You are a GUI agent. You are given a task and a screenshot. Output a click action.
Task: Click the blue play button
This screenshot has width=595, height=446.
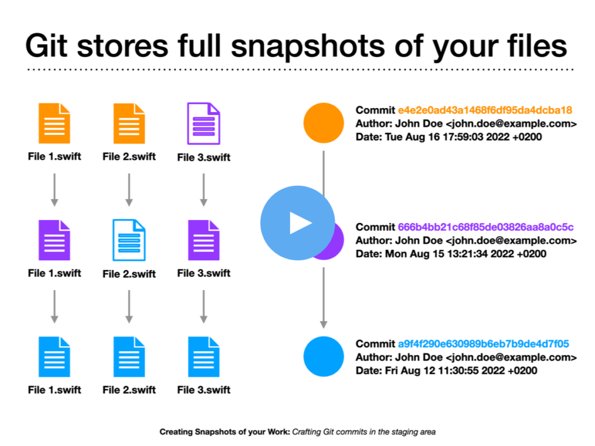pyautogui.click(x=297, y=223)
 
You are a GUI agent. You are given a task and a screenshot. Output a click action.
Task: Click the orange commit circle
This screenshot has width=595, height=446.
pyautogui.click(x=324, y=123)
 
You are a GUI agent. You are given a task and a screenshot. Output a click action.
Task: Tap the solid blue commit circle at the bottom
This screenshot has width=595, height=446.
pyautogui.click(x=324, y=357)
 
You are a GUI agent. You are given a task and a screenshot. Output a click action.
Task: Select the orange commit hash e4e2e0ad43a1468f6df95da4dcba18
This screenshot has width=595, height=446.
pyautogui.click(x=485, y=110)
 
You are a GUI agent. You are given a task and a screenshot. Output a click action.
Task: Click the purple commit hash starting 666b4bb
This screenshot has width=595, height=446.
pyautogui.click(x=486, y=227)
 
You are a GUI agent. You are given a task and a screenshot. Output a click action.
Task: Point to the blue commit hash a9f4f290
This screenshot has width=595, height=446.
pyautogui.click(x=483, y=344)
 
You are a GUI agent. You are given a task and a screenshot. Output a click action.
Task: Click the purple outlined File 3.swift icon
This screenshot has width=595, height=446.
pyautogui.click(x=204, y=123)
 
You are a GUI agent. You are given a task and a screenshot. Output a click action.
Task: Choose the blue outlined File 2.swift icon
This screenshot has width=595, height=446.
pyautogui.click(x=129, y=240)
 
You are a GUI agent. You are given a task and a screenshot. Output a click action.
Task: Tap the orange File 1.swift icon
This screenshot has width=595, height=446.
pyautogui.click(x=54, y=123)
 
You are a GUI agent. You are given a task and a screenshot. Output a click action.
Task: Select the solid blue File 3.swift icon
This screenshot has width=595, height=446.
pyautogui.click(x=204, y=357)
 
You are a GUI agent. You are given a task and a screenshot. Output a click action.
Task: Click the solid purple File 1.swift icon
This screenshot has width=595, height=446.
pyautogui.click(x=54, y=240)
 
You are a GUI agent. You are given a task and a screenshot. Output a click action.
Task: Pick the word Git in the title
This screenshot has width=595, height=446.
pyautogui.click(x=46, y=46)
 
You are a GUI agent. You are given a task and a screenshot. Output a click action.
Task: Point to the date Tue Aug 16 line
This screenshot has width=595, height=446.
pyautogui.click(x=449, y=137)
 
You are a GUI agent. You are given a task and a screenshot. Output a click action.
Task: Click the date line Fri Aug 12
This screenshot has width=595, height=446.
pyautogui.click(x=446, y=371)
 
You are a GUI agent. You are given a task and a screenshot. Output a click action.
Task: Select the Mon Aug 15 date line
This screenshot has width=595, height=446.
pyautogui.click(x=451, y=254)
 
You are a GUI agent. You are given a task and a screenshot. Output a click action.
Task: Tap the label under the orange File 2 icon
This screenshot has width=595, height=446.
pyautogui.click(x=129, y=156)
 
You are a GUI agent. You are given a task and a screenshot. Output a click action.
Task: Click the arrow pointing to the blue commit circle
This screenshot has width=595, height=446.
pyautogui.click(x=324, y=298)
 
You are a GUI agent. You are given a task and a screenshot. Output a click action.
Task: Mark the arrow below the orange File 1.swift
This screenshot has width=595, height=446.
pyautogui.click(x=54, y=190)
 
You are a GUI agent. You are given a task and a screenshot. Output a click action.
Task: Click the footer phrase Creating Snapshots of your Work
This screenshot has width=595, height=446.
pyautogui.click(x=225, y=431)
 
